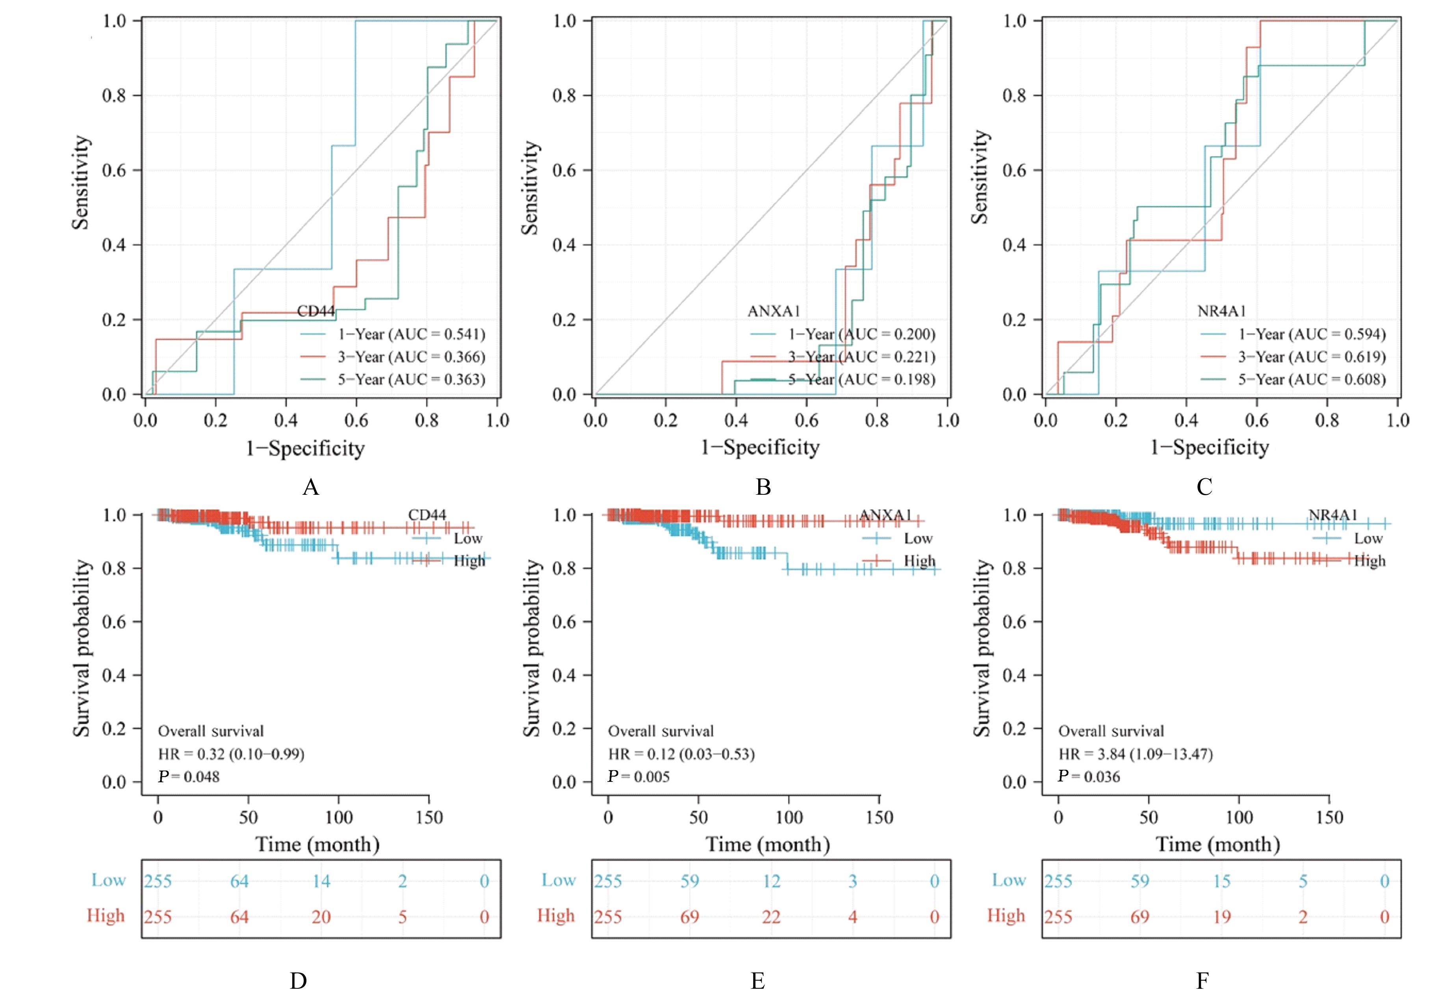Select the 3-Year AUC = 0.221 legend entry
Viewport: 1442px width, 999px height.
coord(861,357)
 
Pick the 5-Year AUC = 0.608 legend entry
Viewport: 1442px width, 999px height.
coord(1311,379)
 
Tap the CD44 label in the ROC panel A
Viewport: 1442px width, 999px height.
coord(315,311)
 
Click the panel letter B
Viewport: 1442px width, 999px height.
coord(763,487)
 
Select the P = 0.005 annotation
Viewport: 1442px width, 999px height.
coord(638,777)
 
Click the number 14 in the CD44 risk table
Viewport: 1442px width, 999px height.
coord(321,881)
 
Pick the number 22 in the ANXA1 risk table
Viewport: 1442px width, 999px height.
coord(771,917)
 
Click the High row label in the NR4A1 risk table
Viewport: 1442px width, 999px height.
coord(1006,916)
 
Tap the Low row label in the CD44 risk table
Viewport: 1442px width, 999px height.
coord(108,880)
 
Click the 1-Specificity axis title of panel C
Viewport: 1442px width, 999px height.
coord(1209,448)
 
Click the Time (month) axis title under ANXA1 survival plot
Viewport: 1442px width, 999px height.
coord(768,845)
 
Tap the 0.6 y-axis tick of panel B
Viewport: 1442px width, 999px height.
coord(564,170)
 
